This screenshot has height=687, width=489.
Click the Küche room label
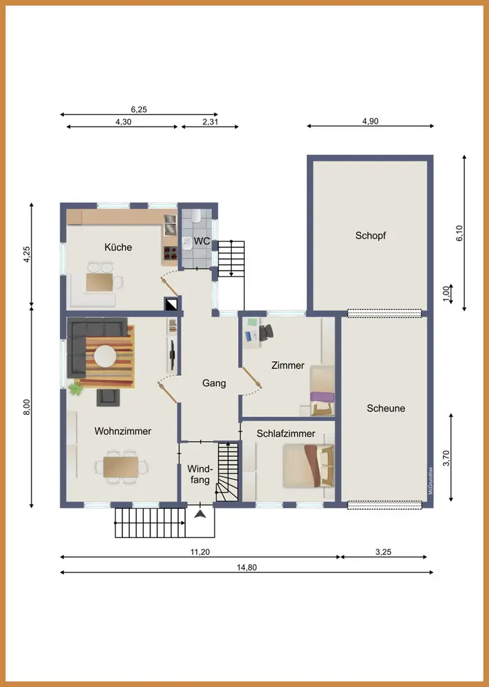(x=118, y=247)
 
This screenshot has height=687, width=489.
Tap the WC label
(x=202, y=241)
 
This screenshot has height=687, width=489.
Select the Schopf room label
(x=371, y=236)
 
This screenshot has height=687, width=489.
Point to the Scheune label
(x=386, y=408)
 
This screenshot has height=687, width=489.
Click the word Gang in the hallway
(x=214, y=383)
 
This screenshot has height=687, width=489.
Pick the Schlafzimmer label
(x=286, y=433)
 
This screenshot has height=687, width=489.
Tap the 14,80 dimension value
(x=247, y=567)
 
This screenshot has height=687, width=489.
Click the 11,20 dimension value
(x=200, y=552)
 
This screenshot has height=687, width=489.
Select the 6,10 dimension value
(x=459, y=233)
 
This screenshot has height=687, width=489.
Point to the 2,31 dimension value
(x=210, y=122)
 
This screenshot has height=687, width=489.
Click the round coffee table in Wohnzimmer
(x=105, y=356)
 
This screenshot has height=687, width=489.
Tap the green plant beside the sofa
(x=76, y=389)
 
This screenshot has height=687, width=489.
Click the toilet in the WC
(x=196, y=215)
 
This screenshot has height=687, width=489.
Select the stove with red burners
(x=170, y=252)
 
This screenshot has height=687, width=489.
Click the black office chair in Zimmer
(x=265, y=333)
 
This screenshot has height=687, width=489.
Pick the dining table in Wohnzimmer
(x=121, y=466)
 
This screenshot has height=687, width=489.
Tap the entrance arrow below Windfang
(x=200, y=514)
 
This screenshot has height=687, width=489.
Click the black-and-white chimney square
(x=171, y=304)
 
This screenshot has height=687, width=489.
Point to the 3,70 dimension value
(x=446, y=458)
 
